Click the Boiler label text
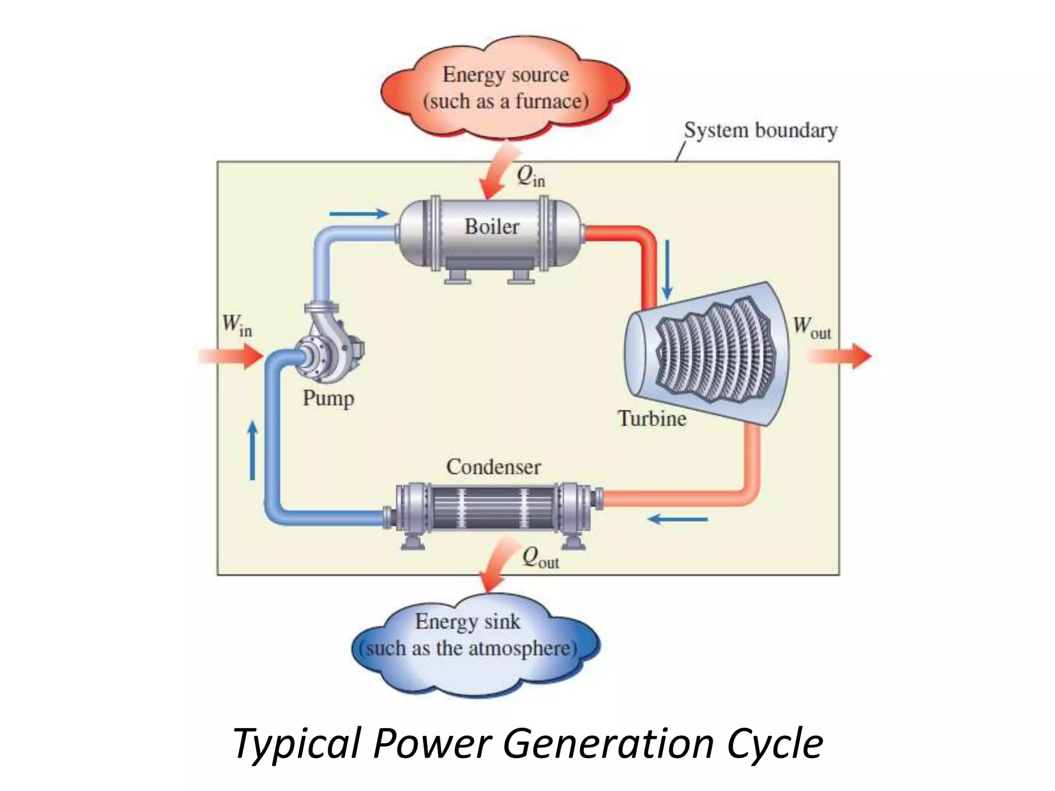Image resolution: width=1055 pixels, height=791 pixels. (491, 227)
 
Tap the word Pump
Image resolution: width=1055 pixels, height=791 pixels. (328, 399)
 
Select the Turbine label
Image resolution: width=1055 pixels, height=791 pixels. (652, 418)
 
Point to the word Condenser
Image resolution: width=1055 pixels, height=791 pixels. (493, 467)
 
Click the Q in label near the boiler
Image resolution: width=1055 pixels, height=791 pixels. (530, 177)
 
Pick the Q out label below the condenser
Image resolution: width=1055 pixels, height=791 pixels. (540, 558)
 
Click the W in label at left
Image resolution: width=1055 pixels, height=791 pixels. (236, 325)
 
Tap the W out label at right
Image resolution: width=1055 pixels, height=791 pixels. (811, 327)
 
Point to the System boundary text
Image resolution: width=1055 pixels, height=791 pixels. (760, 130)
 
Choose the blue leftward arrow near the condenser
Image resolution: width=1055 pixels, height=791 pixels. (677, 520)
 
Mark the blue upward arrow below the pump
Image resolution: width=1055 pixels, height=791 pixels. (252, 451)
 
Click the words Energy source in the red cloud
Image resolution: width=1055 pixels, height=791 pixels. (505, 75)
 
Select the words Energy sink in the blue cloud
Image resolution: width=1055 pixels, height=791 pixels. (467, 622)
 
